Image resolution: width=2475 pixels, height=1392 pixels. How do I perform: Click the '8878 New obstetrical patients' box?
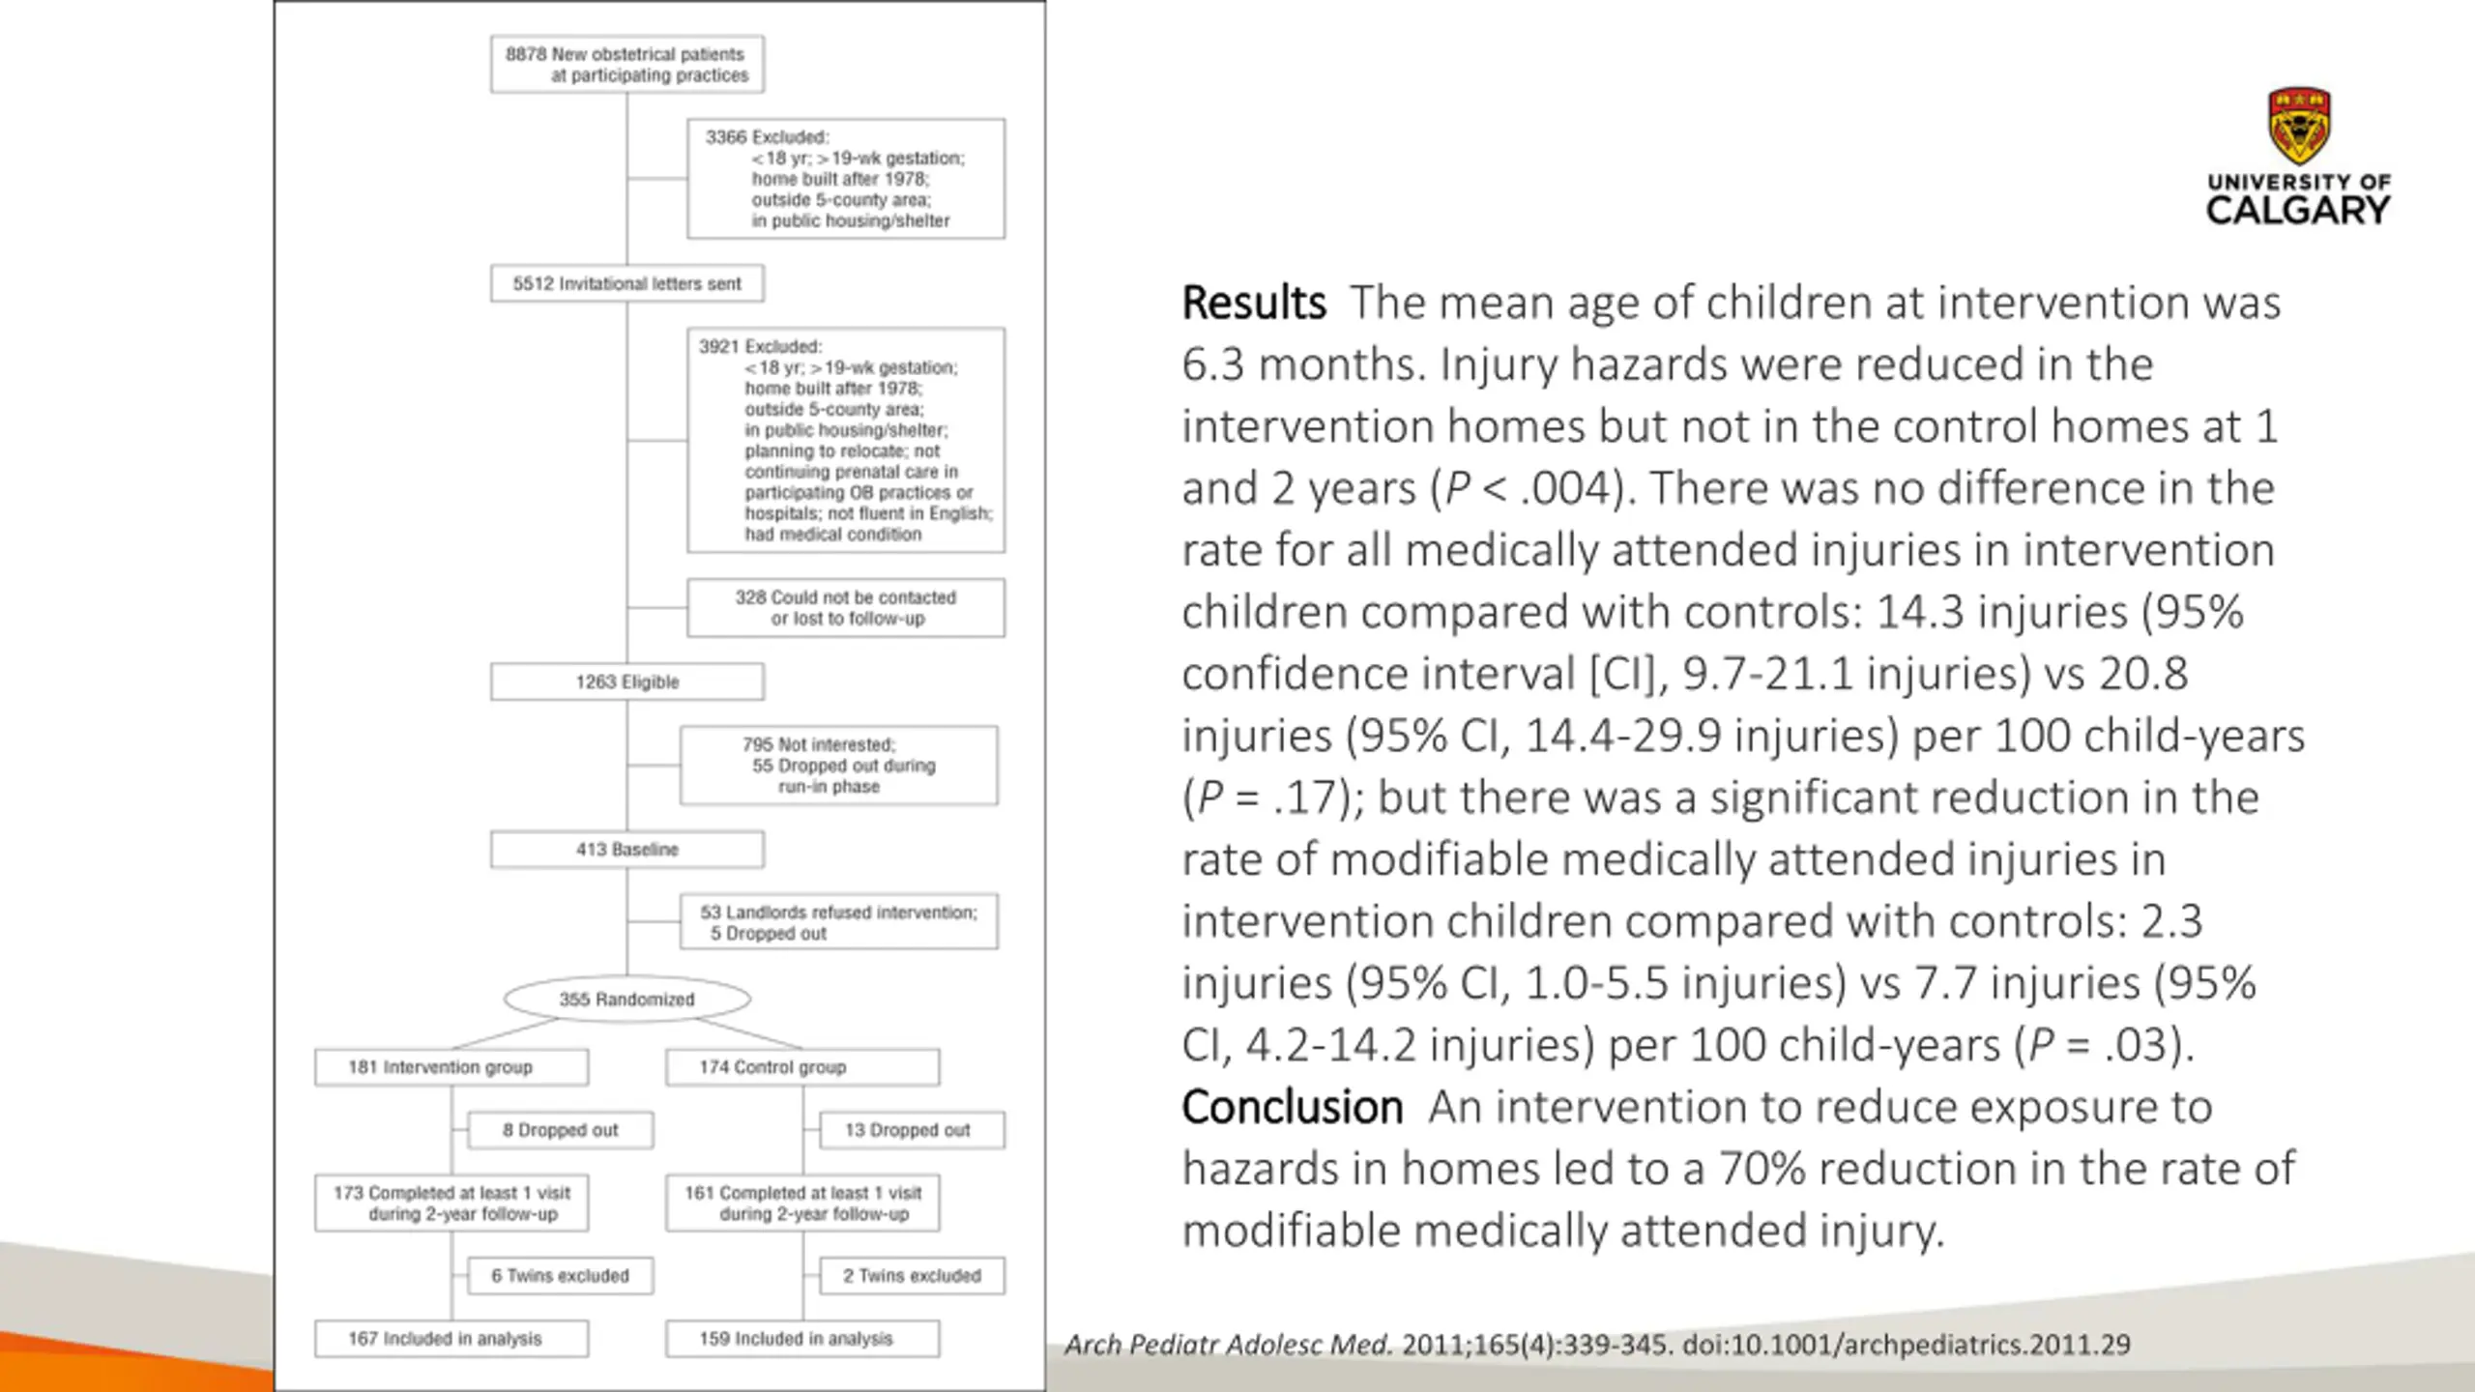(x=626, y=65)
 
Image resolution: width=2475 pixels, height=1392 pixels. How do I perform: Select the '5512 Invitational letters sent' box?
(x=626, y=284)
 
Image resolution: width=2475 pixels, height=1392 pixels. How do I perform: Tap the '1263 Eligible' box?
(x=626, y=681)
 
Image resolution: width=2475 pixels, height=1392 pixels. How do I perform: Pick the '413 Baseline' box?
(x=626, y=850)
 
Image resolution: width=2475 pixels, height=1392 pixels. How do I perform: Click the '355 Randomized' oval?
(x=626, y=1000)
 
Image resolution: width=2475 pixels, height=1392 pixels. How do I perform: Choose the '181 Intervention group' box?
(x=451, y=1067)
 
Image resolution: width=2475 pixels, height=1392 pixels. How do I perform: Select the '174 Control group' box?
(x=801, y=1067)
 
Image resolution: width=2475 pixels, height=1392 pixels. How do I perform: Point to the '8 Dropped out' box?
(x=560, y=1130)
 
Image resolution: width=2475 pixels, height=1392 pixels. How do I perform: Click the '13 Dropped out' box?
(x=911, y=1130)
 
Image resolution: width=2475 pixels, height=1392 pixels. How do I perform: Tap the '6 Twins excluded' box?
(x=560, y=1276)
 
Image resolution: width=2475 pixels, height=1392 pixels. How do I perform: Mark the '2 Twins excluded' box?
(x=911, y=1276)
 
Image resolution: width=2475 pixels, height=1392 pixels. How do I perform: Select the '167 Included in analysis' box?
(x=451, y=1339)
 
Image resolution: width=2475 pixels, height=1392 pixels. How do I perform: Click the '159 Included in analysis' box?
(x=801, y=1339)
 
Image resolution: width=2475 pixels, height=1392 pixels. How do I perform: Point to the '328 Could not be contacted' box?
(x=845, y=608)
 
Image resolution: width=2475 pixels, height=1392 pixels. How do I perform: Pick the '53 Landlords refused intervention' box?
(x=838, y=922)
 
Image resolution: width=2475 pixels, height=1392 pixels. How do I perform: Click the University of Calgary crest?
(x=2299, y=127)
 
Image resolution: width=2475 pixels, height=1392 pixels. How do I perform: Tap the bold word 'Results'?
(x=1254, y=304)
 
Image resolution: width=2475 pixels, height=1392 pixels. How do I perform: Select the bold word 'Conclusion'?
(x=1293, y=1108)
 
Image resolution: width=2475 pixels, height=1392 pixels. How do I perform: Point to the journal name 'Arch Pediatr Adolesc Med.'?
(x=1228, y=1345)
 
